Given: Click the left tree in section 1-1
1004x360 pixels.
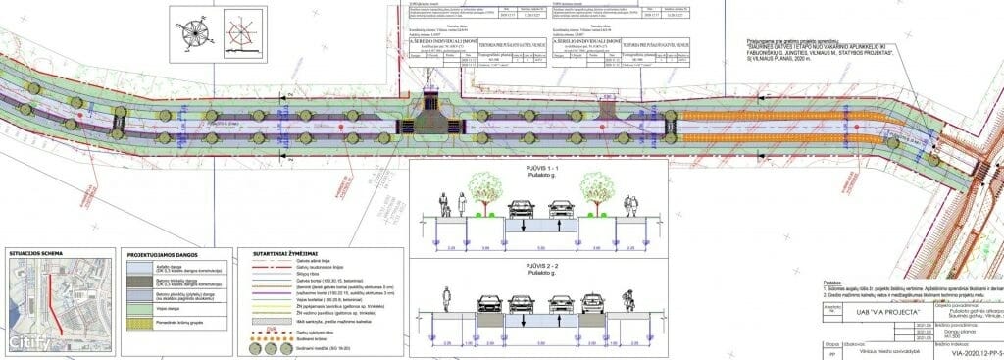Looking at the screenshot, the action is click(486, 189).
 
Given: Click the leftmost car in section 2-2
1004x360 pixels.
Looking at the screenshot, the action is click(486, 303).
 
